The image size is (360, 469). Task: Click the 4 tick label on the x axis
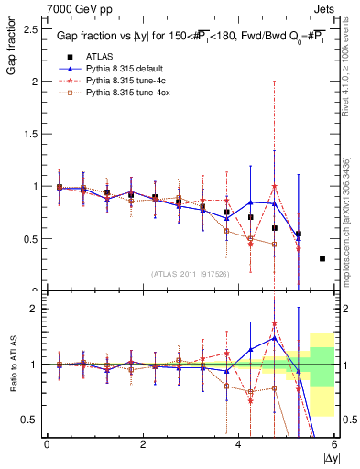(238, 444)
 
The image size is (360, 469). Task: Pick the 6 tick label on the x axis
(334, 444)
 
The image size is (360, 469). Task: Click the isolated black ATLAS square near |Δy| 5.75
(322, 258)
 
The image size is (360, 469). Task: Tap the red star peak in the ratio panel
(274, 324)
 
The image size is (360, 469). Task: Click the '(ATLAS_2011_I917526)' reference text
(190, 273)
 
